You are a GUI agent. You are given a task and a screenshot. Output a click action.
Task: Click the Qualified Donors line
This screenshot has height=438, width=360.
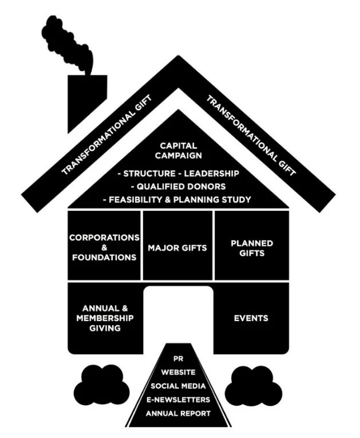click(178, 186)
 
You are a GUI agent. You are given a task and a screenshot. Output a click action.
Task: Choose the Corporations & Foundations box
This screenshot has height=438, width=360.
click(104, 247)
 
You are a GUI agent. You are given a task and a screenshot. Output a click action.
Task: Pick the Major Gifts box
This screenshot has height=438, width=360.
click(177, 248)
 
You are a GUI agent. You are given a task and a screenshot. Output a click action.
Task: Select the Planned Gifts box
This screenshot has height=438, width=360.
click(252, 247)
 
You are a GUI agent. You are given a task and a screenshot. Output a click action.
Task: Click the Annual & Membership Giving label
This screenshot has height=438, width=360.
click(104, 318)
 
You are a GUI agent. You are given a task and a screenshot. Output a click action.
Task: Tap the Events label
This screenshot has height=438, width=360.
click(251, 318)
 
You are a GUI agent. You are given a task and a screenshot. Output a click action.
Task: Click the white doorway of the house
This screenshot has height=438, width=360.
click(178, 312)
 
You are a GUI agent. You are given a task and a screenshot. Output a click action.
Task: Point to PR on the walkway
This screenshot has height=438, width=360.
click(178, 358)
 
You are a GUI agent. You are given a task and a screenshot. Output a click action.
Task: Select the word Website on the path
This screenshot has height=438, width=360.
click(178, 372)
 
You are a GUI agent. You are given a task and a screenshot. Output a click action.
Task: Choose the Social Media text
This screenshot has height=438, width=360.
click(178, 385)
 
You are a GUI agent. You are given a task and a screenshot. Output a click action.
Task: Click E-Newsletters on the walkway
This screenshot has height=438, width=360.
click(178, 399)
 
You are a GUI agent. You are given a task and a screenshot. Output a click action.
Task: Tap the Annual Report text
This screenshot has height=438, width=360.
click(178, 413)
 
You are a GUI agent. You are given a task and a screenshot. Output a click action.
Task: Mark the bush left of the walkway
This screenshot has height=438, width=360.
click(103, 384)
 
